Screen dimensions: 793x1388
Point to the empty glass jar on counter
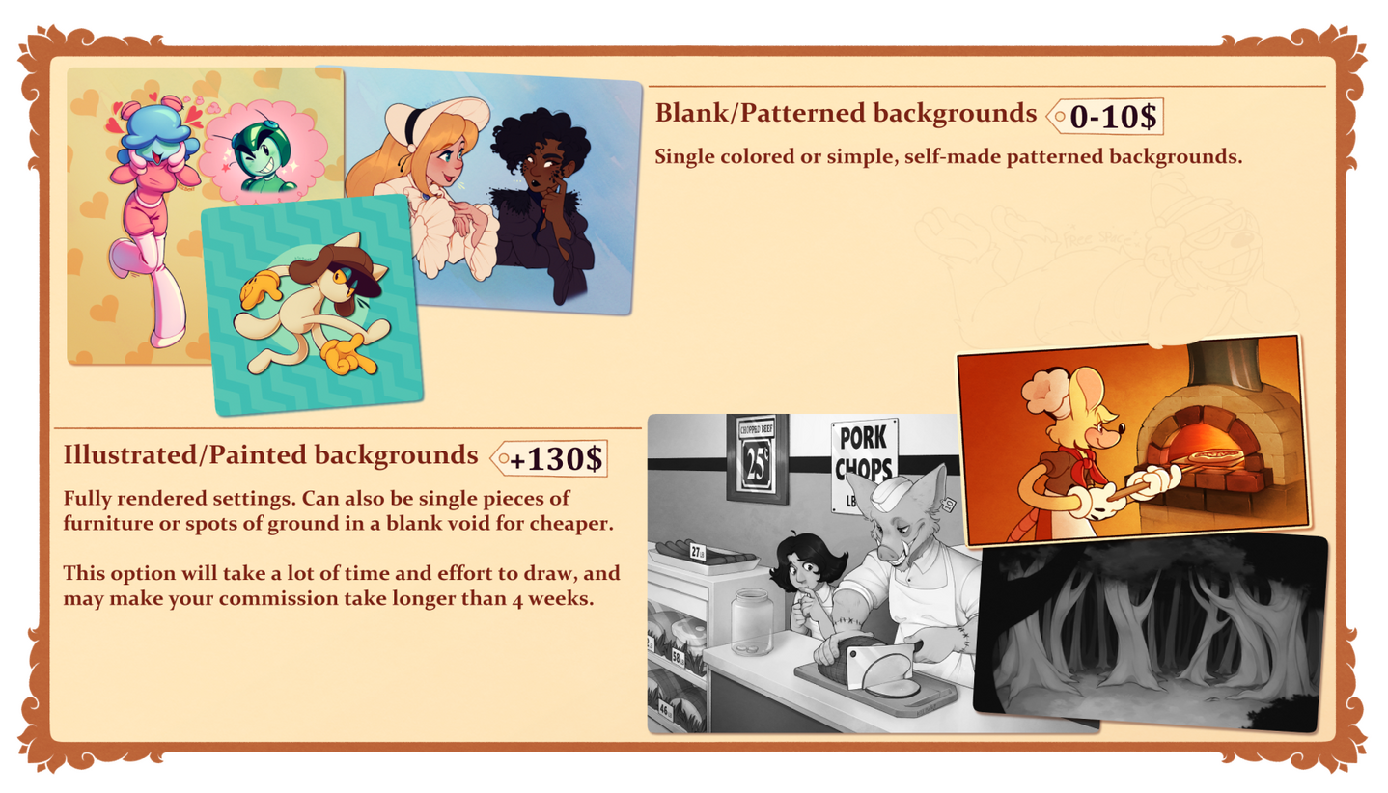(x=752, y=622)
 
